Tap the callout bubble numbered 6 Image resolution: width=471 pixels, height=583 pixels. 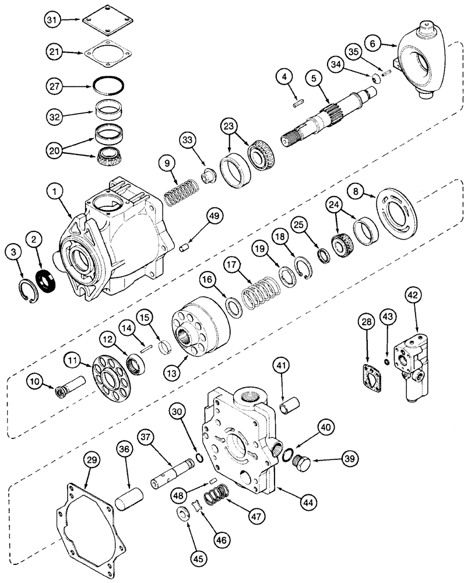pyautogui.click(x=373, y=42)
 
